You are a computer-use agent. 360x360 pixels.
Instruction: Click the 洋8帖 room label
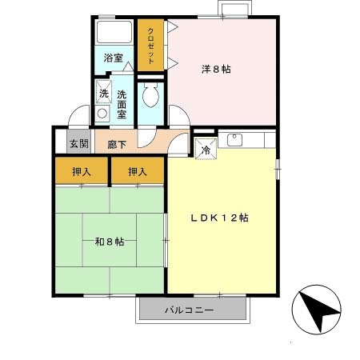point(216,70)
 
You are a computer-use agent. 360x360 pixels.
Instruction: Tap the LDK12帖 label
point(218,218)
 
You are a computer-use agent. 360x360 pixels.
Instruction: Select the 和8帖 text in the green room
point(109,242)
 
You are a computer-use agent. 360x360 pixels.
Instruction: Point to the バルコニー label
point(190,310)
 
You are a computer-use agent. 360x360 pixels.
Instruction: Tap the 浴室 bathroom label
point(114,58)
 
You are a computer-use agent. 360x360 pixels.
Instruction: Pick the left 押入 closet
point(82,170)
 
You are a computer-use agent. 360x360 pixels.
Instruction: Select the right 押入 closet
point(138,170)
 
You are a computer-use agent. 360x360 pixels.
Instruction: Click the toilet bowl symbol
point(150,99)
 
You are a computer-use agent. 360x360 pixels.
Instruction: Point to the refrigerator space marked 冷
point(205,147)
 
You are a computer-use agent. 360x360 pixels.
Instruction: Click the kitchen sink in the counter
point(234,140)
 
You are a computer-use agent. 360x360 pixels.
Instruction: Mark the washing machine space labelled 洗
point(103,93)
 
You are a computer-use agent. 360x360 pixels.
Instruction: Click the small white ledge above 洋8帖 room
point(234,10)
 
